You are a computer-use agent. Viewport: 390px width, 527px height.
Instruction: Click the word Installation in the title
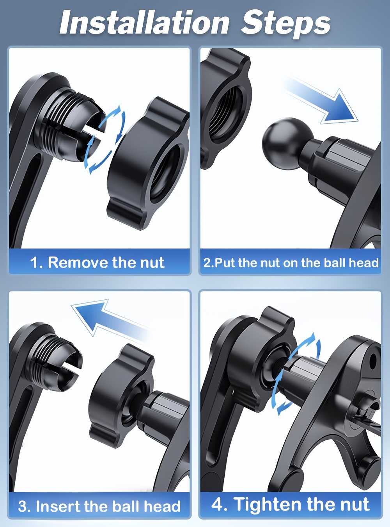pos(144,23)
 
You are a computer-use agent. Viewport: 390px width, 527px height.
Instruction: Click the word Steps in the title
pos(285,24)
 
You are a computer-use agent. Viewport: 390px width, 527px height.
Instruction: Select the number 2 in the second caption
pos(207,263)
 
